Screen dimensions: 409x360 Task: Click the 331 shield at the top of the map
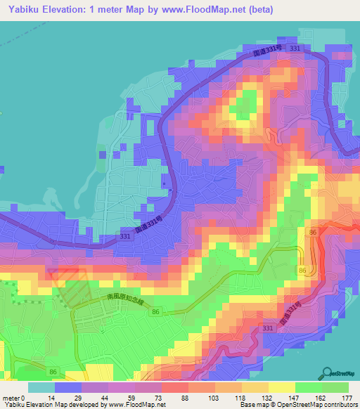pos(294,47)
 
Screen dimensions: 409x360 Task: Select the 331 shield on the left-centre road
pos(124,238)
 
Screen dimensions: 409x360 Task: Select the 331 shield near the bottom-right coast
pos(267,328)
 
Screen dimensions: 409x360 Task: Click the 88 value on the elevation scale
pos(165,398)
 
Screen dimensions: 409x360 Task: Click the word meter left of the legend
pos(10,398)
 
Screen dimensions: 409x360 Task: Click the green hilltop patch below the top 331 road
pos(243,105)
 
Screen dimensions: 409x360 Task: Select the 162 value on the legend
pos(320,398)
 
